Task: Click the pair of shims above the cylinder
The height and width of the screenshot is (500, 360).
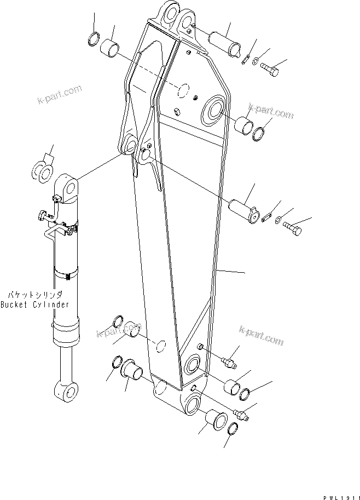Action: [42, 170]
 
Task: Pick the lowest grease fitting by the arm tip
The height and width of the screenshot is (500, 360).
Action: [241, 415]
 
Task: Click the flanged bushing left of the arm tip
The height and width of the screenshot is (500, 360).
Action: [132, 368]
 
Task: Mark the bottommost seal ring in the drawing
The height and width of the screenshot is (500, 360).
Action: [233, 430]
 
